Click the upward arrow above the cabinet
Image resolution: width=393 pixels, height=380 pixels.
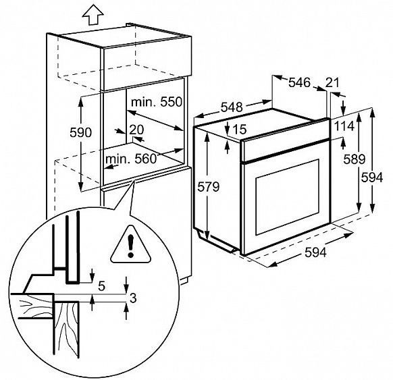click(x=93, y=15)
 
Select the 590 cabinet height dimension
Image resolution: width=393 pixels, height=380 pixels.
click(x=80, y=132)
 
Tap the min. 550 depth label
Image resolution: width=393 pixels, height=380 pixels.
click(x=157, y=102)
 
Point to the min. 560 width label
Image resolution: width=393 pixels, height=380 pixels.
click(x=130, y=159)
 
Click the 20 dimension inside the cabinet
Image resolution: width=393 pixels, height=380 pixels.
click(x=136, y=130)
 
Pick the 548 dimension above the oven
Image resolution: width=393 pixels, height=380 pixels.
click(x=232, y=107)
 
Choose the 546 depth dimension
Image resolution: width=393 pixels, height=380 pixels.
click(x=299, y=82)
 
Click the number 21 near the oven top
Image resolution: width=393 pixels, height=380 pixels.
click(x=332, y=82)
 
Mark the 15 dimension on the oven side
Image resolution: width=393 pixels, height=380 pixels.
click(x=240, y=130)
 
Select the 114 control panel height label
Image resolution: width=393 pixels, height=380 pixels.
click(x=344, y=126)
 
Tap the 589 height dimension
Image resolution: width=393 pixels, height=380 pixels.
click(x=354, y=159)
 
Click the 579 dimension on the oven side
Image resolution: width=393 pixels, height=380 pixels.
click(x=208, y=186)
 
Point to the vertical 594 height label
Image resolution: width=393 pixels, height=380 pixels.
click(x=372, y=178)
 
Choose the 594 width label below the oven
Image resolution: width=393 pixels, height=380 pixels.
click(x=315, y=252)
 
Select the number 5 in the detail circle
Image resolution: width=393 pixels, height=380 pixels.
click(x=101, y=286)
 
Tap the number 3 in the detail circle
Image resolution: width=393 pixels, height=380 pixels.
click(x=133, y=298)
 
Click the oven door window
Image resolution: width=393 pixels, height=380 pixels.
click(x=287, y=197)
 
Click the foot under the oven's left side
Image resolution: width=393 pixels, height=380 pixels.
click(x=215, y=241)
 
